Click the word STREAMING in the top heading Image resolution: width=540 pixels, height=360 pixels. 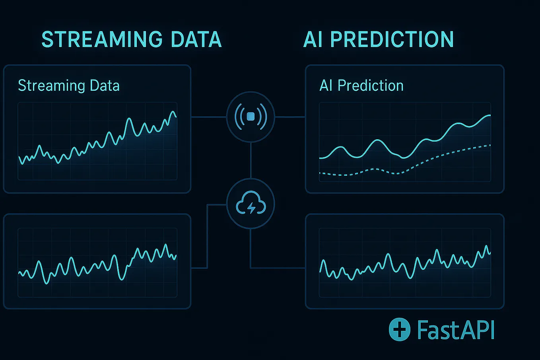pos(102,39)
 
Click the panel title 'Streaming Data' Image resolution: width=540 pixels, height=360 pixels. pos(69,86)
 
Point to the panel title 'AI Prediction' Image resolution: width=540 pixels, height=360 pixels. pos(361,86)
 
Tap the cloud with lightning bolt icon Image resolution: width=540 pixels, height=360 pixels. pos(251,204)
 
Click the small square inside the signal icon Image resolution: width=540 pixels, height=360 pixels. pos(251,117)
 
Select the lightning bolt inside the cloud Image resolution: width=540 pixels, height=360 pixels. pos(251,208)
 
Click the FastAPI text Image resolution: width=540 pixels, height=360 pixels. pos(456,330)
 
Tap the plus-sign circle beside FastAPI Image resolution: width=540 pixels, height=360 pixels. pos(399,329)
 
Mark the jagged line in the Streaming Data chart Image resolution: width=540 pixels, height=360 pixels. pos(129,119)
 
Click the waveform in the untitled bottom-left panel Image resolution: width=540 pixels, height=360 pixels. pos(72,259)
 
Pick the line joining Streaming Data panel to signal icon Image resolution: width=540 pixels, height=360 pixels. pos(208,117)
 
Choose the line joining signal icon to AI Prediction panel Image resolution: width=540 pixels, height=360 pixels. pos(290,117)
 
